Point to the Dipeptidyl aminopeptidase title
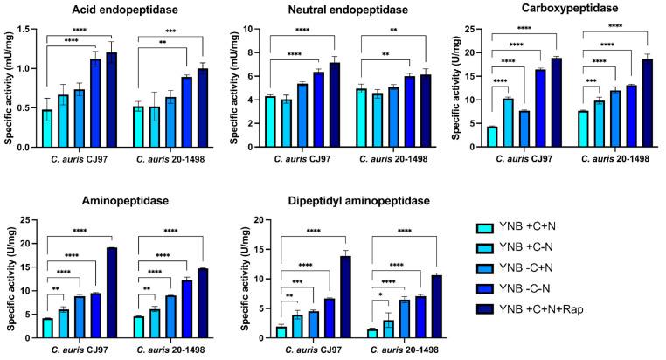pos(340,201)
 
